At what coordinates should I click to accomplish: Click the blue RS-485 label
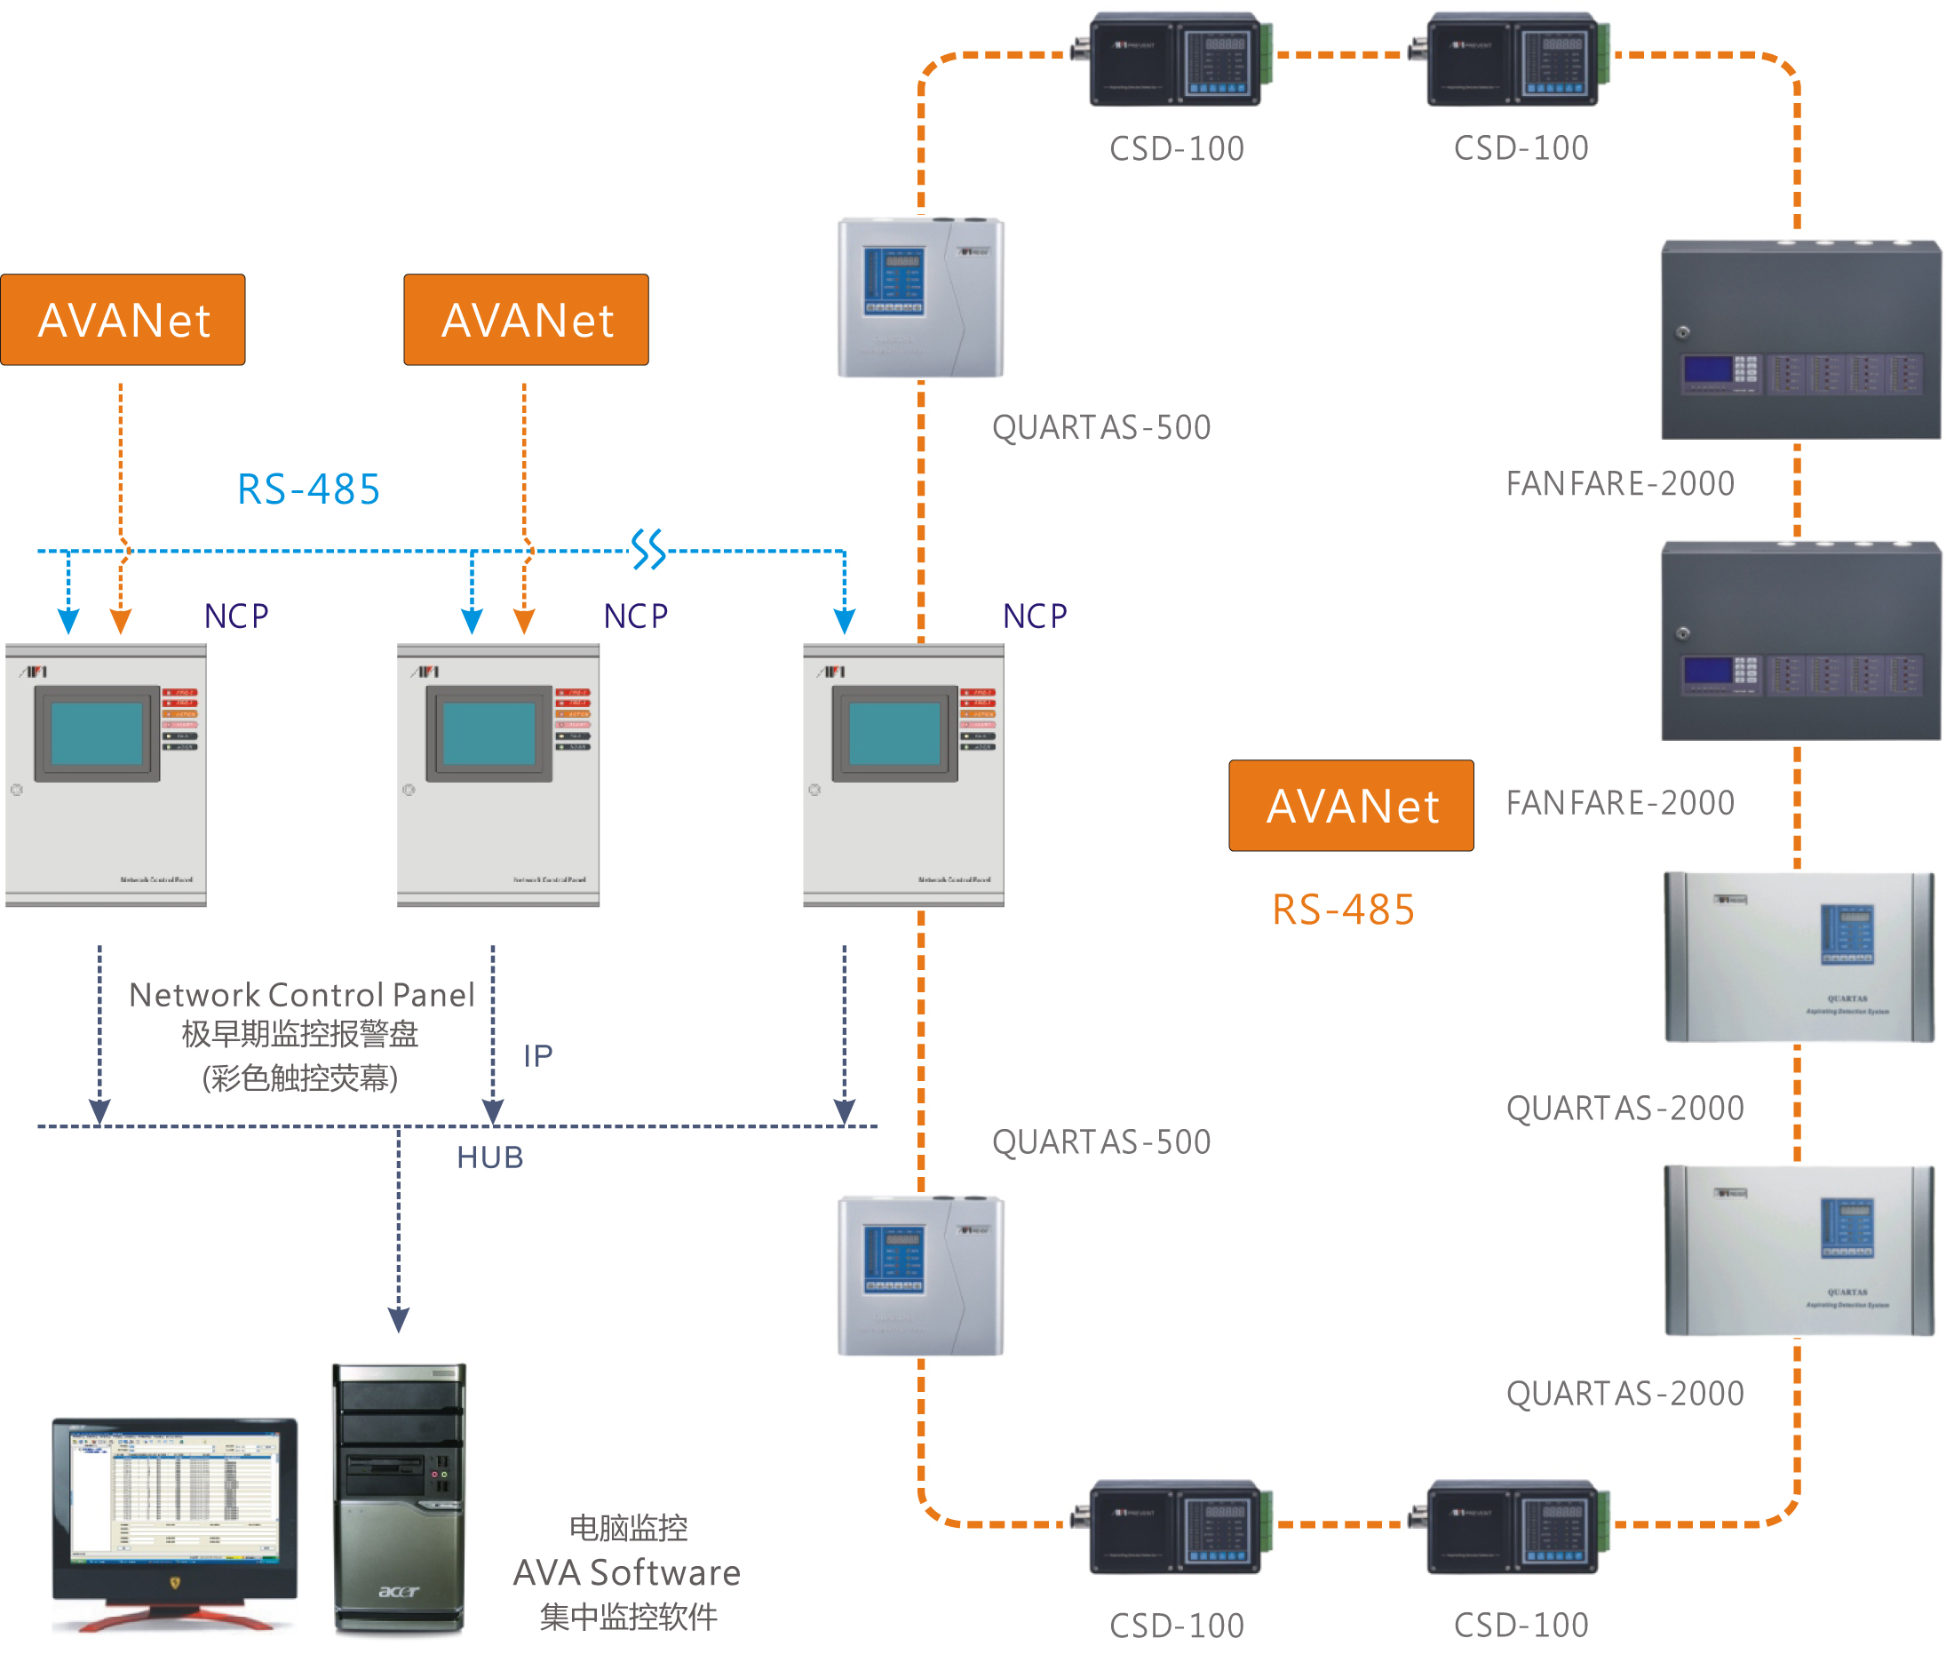(308, 489)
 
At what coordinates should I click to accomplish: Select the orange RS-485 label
(1343, 910)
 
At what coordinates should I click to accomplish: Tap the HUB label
(489, 1157)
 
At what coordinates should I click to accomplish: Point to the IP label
(538, 1055)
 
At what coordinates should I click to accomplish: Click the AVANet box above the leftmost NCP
(123, 320)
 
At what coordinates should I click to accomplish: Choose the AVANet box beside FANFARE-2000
(1351, 806)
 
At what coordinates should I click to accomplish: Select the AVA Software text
(626, 1572)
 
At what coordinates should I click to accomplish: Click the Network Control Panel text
(301, 995)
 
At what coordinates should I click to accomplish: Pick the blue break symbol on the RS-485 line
(648, 550)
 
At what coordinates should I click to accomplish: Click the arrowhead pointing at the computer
(398, 1320)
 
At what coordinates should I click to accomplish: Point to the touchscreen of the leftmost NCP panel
(97, 734)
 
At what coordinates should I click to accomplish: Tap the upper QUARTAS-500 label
(1100, 427)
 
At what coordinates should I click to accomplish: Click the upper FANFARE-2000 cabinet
(1799, 340)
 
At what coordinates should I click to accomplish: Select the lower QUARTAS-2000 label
(1624, 1393)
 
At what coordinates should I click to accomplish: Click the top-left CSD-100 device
(1175, 59)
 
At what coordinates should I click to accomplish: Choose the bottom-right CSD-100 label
(1521, 1625)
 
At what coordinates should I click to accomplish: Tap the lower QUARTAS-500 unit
(920, 1276)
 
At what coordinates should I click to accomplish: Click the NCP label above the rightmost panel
(1035, 616)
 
